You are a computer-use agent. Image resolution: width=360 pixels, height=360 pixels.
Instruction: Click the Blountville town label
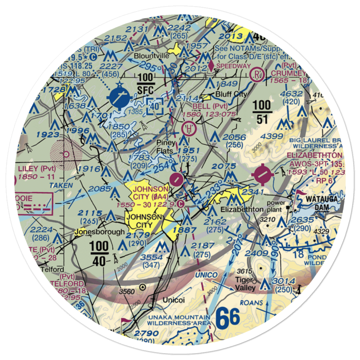[149, 57]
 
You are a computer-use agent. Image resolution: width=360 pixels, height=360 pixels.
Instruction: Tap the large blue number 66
[228, 318]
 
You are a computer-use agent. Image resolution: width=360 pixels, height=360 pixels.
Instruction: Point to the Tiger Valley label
[246, 284]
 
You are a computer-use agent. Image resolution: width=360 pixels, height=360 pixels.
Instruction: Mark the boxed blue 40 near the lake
[155, 107]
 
